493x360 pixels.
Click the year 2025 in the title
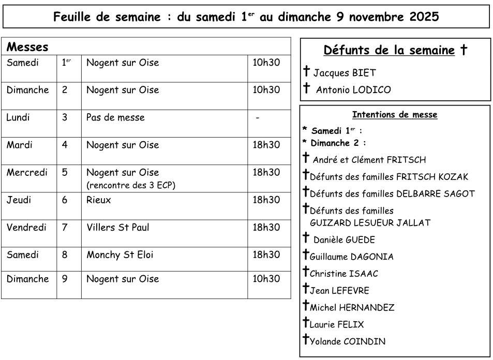[420, 17]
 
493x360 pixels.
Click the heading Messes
[27, 47]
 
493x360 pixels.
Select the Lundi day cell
[18, 117]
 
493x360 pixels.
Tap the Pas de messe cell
[115, 117]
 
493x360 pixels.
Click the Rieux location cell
[98, 200]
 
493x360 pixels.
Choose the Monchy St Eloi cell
[119, 254]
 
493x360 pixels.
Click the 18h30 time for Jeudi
[266, 200]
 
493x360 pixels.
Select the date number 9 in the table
[65, 279]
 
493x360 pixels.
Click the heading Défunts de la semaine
[390, 51]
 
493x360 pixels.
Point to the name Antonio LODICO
[353, 90]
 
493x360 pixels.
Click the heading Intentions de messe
[395, 115]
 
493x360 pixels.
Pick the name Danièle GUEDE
[344, 240]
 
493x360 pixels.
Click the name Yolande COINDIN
[347, 341]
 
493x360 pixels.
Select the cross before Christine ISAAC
[306, 272]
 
